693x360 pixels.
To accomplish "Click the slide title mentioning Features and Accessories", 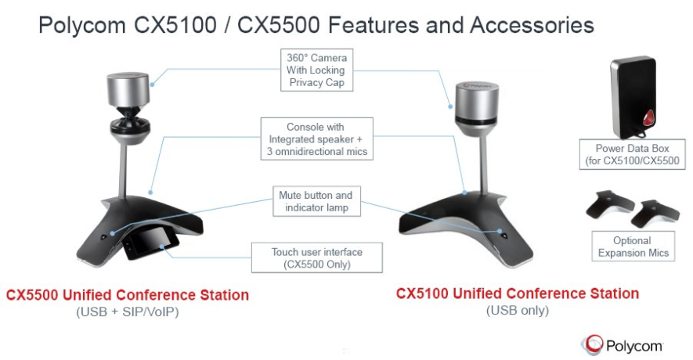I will click(x=316, y=25).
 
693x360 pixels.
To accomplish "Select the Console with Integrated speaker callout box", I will click(x=316, y=139).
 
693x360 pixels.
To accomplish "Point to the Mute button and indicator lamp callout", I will click(x=316, y=201).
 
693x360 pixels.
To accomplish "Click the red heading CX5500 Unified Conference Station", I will click(x=128, y=295).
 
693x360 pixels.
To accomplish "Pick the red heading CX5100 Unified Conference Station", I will click(x=517, y=293).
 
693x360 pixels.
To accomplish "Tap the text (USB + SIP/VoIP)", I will click(x=127, y=312).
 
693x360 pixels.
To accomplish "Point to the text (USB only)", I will click(x=517, y=311).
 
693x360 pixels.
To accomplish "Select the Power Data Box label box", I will click(x=630, y=154).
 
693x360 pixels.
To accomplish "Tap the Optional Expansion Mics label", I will click(x=631, y=247).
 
